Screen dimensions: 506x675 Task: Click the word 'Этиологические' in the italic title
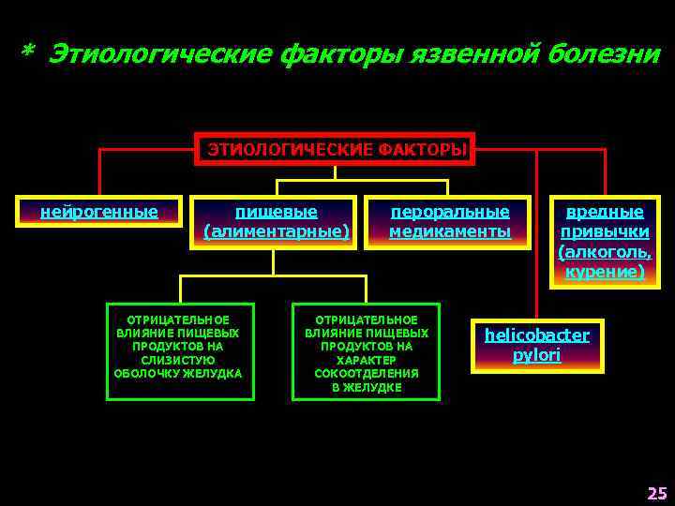pos(157,54)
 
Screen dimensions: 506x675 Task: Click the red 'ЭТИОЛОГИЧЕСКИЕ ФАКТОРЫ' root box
pos(335,149)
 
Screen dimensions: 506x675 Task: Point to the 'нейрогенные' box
pos(99,212)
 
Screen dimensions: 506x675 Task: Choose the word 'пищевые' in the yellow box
pos(275,212)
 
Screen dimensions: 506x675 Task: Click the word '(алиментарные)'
pos(275,231)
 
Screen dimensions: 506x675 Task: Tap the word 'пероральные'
pos(450,212)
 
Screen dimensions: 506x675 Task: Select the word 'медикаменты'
pos(450,231)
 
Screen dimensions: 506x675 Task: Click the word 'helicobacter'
pos(536,335)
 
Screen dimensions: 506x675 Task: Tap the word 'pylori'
pos(536,356)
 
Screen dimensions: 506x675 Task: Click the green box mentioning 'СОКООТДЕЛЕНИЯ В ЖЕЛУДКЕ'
pos(366,350)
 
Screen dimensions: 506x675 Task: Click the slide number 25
pos(655,492)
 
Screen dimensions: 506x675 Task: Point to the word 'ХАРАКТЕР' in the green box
pos(366,360)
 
